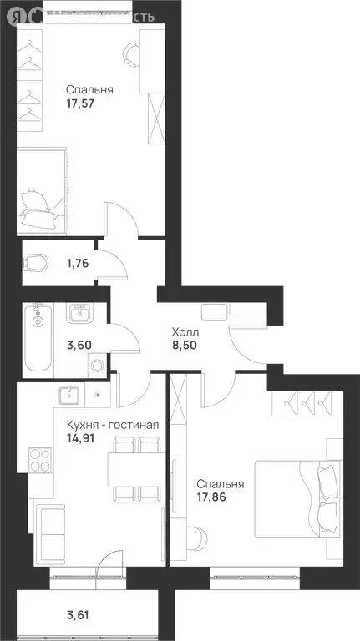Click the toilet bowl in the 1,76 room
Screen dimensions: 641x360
coord(36,264)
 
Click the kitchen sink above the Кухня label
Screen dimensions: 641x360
coord(68,395)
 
